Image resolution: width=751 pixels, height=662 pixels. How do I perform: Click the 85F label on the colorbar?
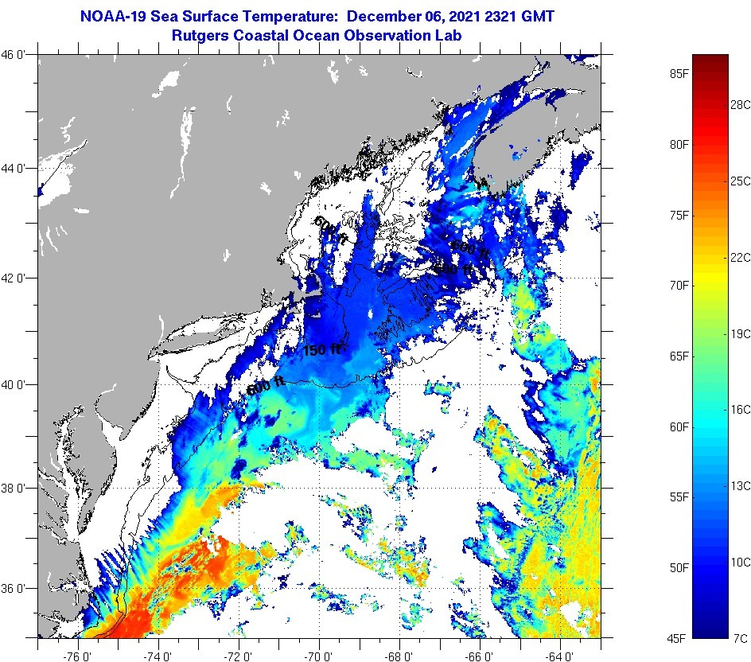[678, 75]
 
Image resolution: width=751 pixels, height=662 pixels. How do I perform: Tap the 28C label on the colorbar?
[741, 104]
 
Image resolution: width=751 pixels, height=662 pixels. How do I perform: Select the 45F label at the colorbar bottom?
[678, 638]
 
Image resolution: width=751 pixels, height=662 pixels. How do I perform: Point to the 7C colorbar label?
[740, 638]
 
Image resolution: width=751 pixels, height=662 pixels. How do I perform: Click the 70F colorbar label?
[678, 285]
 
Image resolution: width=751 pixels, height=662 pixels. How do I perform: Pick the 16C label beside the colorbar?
[741, 409]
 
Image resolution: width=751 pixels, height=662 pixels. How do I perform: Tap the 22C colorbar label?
[741, 257]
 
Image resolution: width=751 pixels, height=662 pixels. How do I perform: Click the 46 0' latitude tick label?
[17, 55]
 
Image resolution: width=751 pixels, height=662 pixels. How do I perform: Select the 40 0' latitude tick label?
[17, 384]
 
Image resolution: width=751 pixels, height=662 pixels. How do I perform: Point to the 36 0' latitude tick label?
[17, 589]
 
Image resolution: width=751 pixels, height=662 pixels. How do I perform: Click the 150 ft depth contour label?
[322, 349]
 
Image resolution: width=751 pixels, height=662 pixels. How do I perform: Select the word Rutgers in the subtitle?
[201, 35]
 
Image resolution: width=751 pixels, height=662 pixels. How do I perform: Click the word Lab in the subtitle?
[448, 35]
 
